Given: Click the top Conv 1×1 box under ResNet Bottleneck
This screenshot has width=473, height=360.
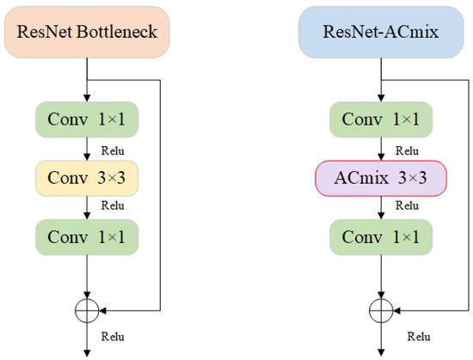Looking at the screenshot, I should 88,119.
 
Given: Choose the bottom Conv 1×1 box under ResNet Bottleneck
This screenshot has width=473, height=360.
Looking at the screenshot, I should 88,236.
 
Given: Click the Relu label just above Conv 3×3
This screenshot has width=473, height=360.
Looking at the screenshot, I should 113,149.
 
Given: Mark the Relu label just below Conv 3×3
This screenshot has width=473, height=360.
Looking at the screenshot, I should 113,206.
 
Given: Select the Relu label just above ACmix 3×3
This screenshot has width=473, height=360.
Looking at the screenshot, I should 406,149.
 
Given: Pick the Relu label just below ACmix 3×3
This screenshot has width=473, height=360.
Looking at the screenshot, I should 406,206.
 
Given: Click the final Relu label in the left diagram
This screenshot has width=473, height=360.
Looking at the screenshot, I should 113,337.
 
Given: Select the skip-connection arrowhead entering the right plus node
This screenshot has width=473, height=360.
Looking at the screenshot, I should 395,309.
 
